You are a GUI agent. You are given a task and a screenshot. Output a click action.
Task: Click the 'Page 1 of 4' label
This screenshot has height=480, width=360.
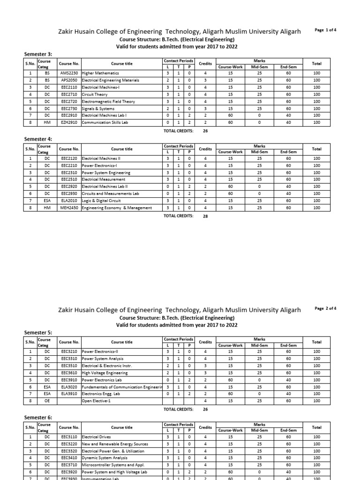325,30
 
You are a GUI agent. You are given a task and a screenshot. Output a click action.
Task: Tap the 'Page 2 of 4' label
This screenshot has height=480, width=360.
325,308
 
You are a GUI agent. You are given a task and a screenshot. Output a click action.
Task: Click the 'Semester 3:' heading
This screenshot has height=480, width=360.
38,55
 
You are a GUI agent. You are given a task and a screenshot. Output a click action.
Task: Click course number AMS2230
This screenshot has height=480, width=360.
69,73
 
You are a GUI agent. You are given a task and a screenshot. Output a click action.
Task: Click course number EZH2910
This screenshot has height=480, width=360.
69,122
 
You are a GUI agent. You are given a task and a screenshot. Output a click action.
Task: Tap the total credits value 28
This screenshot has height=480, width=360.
205,216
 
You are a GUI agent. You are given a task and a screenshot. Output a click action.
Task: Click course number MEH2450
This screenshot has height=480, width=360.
69,208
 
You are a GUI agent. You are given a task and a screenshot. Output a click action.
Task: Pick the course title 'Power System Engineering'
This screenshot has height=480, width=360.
106,172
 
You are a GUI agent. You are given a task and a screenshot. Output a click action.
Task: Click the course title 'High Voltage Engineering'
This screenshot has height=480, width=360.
105,373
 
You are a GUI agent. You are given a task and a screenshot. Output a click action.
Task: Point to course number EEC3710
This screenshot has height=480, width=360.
69,465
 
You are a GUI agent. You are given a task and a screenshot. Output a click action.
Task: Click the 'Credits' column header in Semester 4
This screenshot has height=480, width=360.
205,149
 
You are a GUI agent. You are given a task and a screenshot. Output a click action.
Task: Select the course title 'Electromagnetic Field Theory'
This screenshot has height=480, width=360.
108,101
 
